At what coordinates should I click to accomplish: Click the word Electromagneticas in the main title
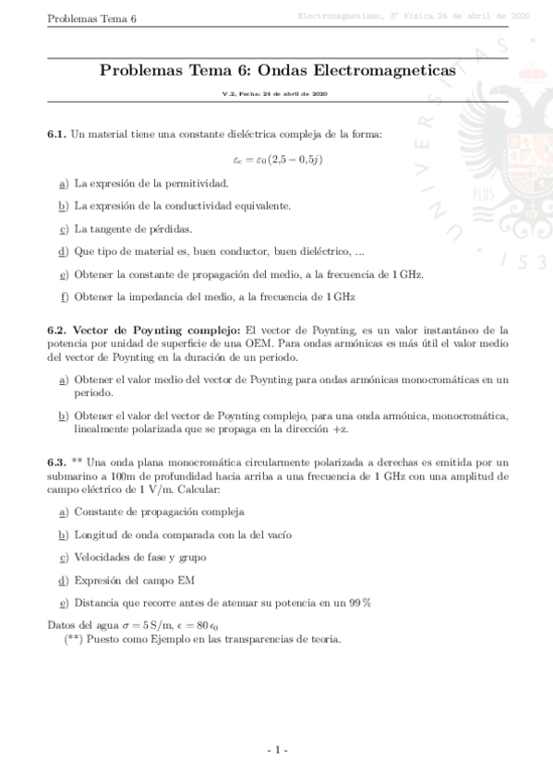(390, 70)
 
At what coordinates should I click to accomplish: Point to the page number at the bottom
(277, 750)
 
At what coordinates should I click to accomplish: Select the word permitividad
(198, 183)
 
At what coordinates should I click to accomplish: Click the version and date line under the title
(277, 95)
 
